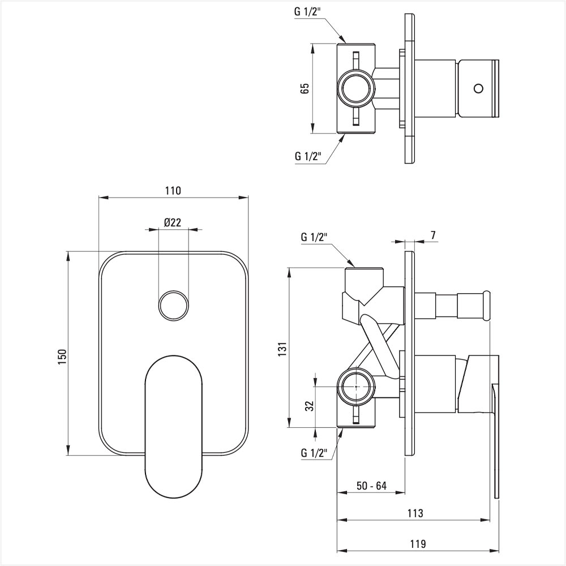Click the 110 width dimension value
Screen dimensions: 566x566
[173, 190]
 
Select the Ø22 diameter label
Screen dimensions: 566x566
[172, 222]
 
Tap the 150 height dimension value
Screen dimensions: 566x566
[62, 357]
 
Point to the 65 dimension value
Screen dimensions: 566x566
[305, 88]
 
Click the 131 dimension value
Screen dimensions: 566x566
[282, 349]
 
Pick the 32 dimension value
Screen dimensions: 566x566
[310, 406]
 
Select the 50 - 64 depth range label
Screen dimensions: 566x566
[371, 486]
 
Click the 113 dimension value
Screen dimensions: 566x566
[415, 513]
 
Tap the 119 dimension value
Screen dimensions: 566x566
[418, 543]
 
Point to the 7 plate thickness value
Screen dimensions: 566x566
[433, 235]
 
